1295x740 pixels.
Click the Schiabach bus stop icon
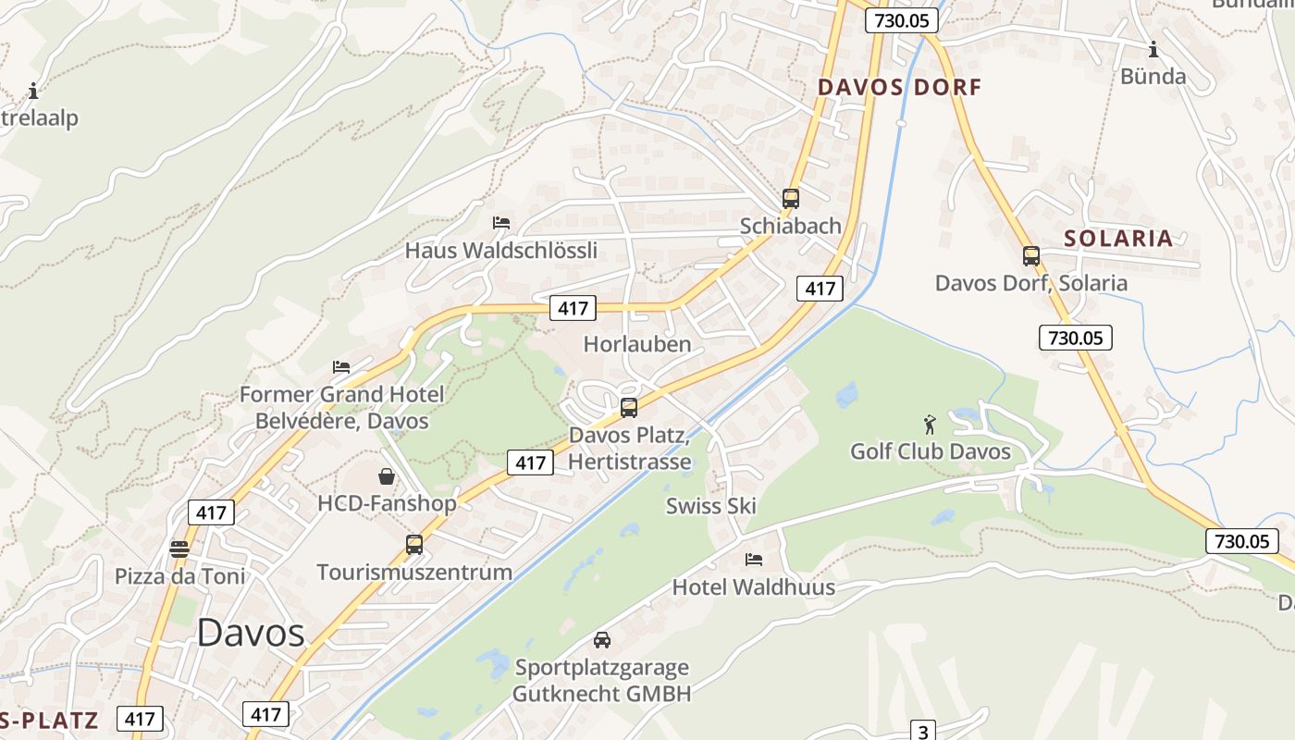pyautogui.click(x=790, y=198)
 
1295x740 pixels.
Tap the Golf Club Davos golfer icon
pyautogui.click(x=930, y=425)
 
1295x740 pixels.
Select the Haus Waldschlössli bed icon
pyautogui.click(x=500, y=223)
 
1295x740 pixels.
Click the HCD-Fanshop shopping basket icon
pyautogui.click(x=387, y=476)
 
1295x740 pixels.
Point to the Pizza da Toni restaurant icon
pyautogui.click(x=179, y=549)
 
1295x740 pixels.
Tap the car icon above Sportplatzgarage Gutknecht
pyautogui.click(x=602, y=639)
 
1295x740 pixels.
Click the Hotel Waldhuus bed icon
pyautogui.click(x=753, y=560)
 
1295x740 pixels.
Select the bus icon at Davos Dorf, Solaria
pyautogui.click(x=1030, y=256)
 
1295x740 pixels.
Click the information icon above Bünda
pyautogui.click(x=1153, y=49)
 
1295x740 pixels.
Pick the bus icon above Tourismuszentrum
pyautogui.click(x=413, y=545)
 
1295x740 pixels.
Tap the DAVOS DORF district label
pyautogui.click(x=899, y=88)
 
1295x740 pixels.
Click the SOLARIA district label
pyautogui.click(x=1118, y=239)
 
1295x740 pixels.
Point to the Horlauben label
pyautogui.click(x=637, y=344)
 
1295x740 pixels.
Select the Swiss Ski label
pyautogui.click(x=711, y=506)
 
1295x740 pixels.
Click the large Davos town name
pyautogui.click(x=251, y=633)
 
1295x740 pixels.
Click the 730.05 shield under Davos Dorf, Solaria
pyautogui.click(x=1076, y=338)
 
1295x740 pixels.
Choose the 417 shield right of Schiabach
pyautogui.click(x=820, y=289)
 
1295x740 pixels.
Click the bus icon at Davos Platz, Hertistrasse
pyautogui.click(x=628, y=407)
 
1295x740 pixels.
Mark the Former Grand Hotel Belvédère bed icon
pyautogui.click(x=341, y=367)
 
